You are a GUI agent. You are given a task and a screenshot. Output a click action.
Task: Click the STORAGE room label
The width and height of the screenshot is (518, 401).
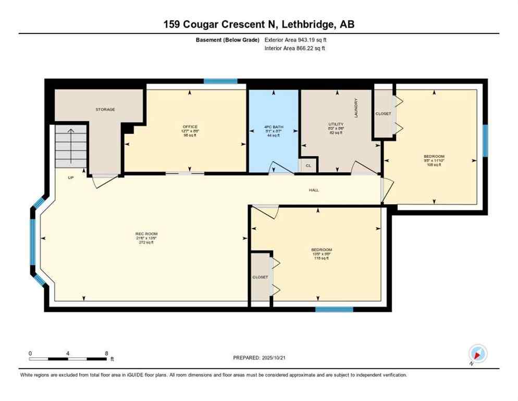point(105,110)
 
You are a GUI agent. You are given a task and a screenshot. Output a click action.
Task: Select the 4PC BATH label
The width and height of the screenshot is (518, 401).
point(272,127)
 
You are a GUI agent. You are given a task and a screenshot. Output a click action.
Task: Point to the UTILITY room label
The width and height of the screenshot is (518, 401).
point(334,123)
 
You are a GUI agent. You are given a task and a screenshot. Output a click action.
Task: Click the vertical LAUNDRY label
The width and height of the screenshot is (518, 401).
point(356,108)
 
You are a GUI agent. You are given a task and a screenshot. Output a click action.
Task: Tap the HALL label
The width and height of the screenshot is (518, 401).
point(313,190)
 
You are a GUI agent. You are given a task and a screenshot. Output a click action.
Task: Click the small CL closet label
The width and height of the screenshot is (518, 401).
point(308,166)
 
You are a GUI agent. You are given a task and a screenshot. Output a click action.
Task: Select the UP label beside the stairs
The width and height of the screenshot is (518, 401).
point(70,178)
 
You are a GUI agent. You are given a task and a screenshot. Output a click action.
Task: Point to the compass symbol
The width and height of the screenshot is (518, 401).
point(477,354)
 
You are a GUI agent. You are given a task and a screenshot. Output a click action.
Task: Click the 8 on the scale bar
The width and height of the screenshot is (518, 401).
point(107,353)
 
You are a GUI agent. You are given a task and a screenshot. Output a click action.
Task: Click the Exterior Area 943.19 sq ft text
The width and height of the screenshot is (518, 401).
point(295,40)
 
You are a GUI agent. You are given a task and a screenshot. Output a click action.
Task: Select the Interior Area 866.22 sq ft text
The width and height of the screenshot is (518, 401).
point(295,48)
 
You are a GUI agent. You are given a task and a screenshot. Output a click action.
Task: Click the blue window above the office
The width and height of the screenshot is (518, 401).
point(220,81)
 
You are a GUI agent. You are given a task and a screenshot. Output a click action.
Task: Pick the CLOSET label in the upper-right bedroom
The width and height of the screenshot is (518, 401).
point(383,114)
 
